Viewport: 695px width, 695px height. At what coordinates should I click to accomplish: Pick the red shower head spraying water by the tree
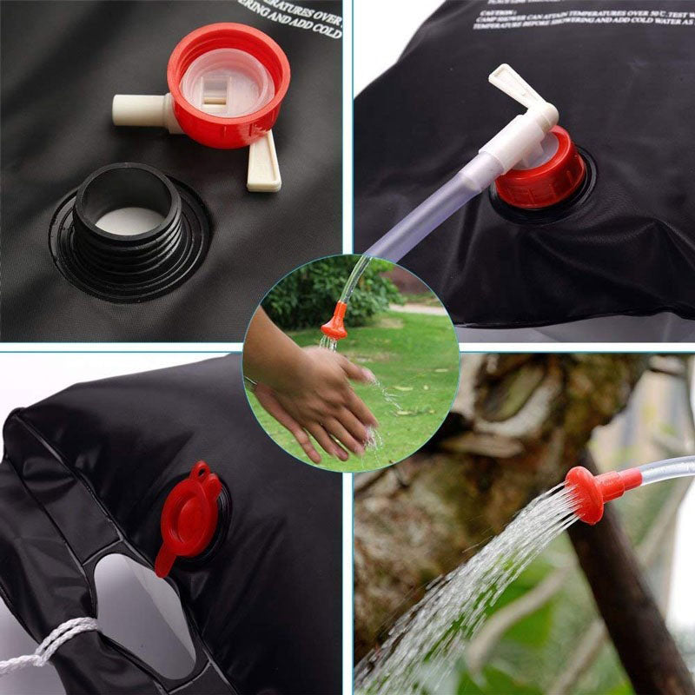coord(591,491)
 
